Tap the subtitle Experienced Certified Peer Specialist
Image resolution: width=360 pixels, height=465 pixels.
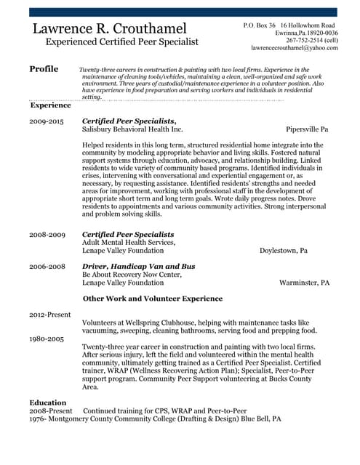point(122,42)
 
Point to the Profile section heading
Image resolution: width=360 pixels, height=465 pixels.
point(44,69)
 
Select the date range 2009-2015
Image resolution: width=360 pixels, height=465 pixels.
point(47,121)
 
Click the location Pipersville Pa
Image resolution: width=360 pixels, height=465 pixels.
point(307,129)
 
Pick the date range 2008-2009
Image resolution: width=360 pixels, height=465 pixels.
point(47,235)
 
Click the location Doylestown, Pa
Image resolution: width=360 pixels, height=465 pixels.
point(284,250)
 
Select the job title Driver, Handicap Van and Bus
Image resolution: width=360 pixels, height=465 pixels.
point(138,267)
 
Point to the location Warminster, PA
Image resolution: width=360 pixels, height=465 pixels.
point(305,282)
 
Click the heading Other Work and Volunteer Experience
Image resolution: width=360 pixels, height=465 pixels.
point(163,298)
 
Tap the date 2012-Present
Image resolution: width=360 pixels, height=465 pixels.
point(50,315)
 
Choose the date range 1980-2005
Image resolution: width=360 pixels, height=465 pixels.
point(47,339)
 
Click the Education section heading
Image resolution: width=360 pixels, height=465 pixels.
point(48,402)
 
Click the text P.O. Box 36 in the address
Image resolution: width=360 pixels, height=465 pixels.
point(258,25)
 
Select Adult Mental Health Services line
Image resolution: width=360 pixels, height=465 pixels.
point(128,242)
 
